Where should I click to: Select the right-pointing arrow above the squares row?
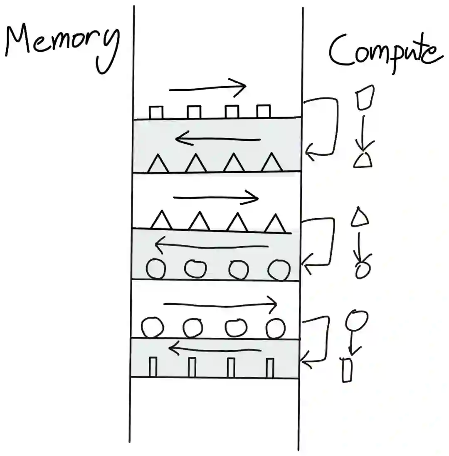tap(208, 88)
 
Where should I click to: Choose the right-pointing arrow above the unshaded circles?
tap(220, 304)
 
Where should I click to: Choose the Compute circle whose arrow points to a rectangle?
tap(356, 319)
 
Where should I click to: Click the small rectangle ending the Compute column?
tap(347, 370)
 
